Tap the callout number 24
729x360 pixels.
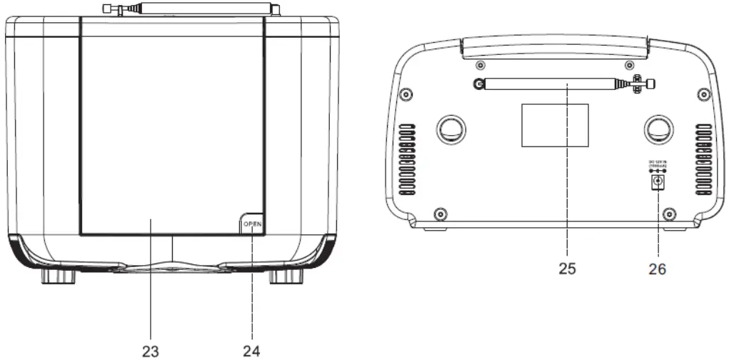pyautogui.click(x=251, y=350)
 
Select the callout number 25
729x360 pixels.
pyautogui.click(x=568, y=269)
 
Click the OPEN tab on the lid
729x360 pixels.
pyautogui.click(x=252, y=224)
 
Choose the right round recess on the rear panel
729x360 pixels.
pyautogui.click(x=658, y=128)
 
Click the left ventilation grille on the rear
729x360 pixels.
pyautogui.click(x=407, y=161)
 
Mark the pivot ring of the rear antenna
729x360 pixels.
pyautogui.click(x=476, y=85)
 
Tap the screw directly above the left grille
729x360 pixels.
pyautogui.click(x=405, y=95)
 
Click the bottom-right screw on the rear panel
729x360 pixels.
pyautogui.click(x=669, y=212)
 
